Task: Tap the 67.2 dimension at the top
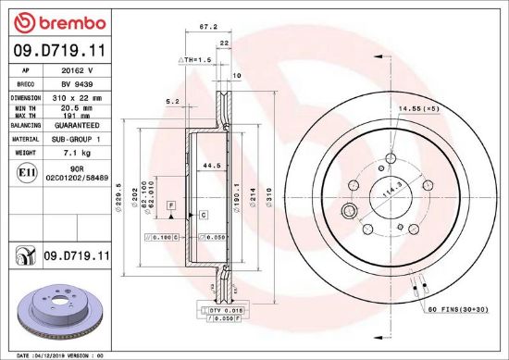pos(208,28)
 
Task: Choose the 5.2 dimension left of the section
pos(171,102)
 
